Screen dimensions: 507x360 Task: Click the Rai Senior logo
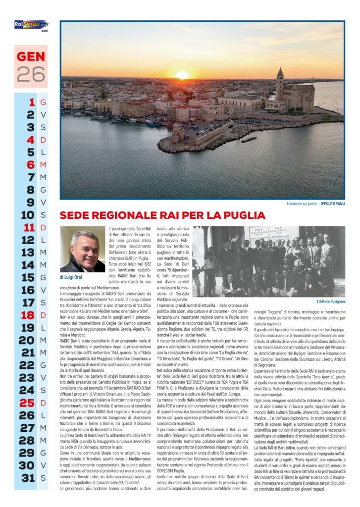tap(30, 24)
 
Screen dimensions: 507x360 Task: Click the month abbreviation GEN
tap(31, 56)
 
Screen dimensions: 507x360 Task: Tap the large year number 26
tap(31, 74)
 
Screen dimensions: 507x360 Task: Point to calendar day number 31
tap(27, 478)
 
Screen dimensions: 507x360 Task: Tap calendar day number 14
tap(27, 265)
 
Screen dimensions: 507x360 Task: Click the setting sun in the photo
tap(182, 75)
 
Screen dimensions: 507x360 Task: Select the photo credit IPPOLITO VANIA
tap(332, 203)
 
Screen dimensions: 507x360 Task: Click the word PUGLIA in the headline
tap(241, 215)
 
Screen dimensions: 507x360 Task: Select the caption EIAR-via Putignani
tap(331, 301)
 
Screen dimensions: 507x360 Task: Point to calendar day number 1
tap(32, 102)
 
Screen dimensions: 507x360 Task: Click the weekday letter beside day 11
tap(43, 227)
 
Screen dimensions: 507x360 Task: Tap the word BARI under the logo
tap(44, 30)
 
